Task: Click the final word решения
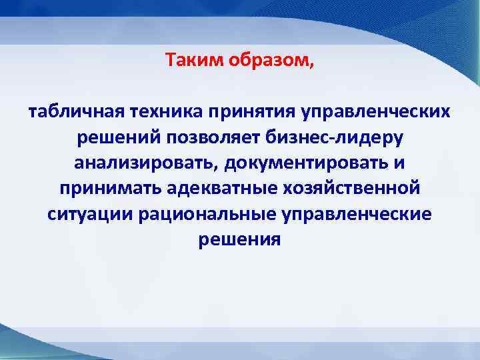pyautogui.click(x=240, y=240)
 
